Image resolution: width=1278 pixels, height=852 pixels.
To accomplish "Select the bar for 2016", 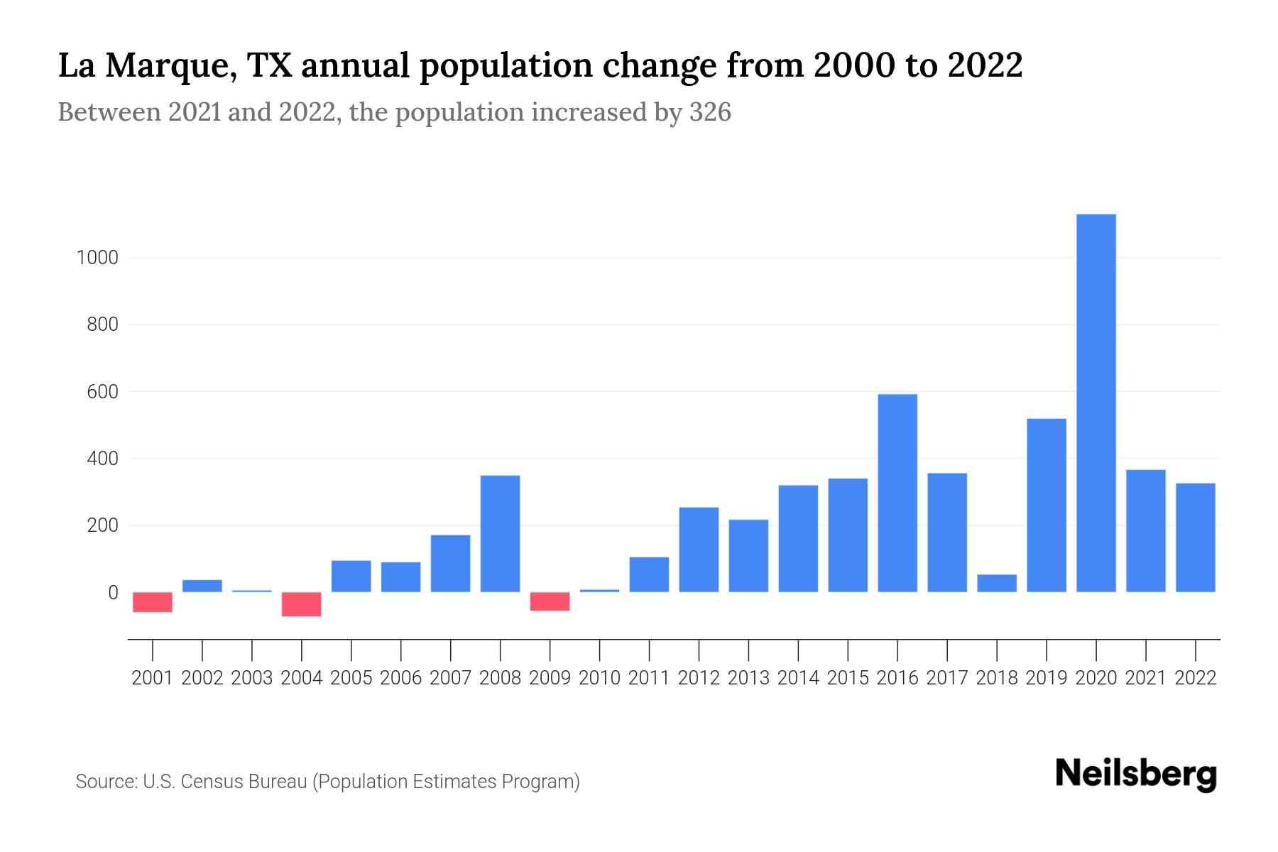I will pos(897,493).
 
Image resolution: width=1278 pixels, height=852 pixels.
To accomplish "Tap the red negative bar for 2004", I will pos(302,604).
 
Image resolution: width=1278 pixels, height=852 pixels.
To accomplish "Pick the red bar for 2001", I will pos(153,602).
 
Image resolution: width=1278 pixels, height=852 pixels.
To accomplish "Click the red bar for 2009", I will pos(550,601).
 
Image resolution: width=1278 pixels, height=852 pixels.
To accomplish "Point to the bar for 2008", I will pos(501,533).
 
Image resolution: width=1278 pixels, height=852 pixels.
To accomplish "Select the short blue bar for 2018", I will pos(997,583).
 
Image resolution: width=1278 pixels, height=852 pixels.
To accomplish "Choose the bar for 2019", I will pos(1047,505).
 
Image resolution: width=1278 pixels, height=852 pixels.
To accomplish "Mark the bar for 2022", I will pos(1196,537).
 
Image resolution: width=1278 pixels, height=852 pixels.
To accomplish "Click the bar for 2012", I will pos(699,550).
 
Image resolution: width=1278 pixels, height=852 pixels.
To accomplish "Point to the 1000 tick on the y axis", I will pos(97,258).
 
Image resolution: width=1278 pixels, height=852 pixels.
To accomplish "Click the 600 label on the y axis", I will pos(102,392).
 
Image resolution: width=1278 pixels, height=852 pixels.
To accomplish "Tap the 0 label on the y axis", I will pos(112,593).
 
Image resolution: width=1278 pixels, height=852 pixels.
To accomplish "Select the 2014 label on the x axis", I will pos(798,678).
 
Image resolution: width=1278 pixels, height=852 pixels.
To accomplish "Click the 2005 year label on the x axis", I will pos(351,678).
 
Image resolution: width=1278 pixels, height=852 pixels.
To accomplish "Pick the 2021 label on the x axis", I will pos(1146,678).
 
